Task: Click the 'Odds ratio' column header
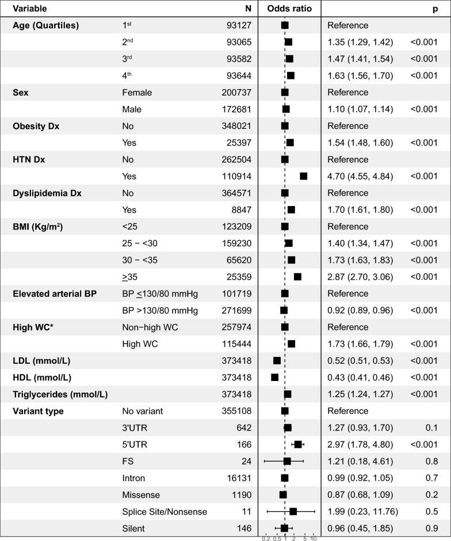click(x=289, y=9)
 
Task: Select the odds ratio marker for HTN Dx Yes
click(x=303, y=176)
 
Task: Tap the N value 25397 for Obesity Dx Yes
click(x=236, y=143)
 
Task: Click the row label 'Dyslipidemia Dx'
click(x=47, y=193)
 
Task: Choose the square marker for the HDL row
click(x=274, y=377)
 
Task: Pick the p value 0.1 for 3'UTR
click(x=431, y=428)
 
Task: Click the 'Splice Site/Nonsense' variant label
click(x=164, y=512)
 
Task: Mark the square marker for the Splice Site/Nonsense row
click(x=293, y=511)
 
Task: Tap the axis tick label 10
click(x=314, y=538)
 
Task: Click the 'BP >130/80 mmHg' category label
click(x=159, y=310)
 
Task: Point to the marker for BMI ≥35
click(x=297, y=277)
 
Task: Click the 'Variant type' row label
click(x=38, y=411)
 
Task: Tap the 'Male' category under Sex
click(x=132, y=109)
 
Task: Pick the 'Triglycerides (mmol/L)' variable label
click(x=60, y=394)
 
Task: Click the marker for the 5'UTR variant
click(x=298, y=444)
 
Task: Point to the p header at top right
click(x=435, y=9)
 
